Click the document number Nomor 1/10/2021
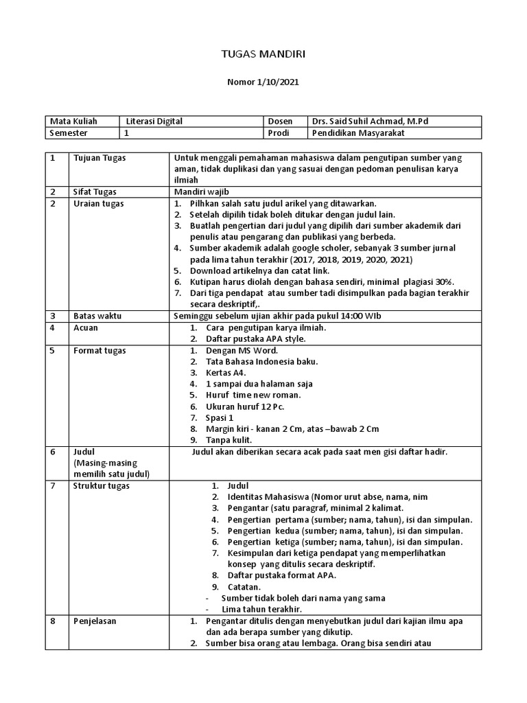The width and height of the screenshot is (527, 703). coord(263,82)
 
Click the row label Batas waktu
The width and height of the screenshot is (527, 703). coord(95,316)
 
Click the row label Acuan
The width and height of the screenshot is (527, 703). coord(86,327)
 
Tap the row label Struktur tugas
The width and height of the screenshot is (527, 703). coord(101,486)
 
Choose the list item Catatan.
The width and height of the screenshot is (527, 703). coord(244,587)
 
